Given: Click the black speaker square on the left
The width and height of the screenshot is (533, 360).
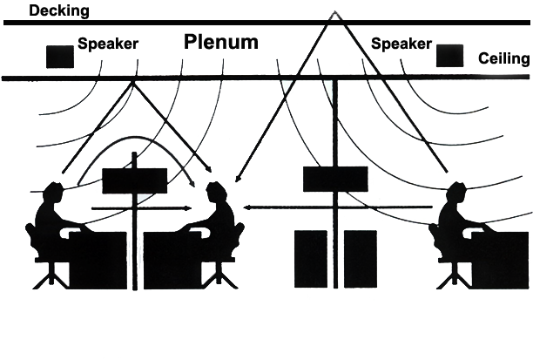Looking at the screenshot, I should tap(60, 56).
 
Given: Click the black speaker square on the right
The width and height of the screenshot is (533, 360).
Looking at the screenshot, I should tap(449, 56).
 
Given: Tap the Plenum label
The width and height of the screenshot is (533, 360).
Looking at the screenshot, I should tap(220, 41).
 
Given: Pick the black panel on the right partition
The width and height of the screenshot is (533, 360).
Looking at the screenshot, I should tap(334, 178).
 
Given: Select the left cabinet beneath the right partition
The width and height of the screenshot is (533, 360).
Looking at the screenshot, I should tap(310, 258).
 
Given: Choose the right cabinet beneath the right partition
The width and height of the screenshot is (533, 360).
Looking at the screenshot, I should tap(360, 258).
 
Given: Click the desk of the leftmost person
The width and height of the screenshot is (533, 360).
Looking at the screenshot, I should tap(98, 259).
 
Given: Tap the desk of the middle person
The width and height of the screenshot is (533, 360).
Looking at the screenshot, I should tap(172, 259).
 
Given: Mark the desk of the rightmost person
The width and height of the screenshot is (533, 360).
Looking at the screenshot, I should tap(501, 259).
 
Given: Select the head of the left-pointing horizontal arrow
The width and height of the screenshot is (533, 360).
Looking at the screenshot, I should tap(247, 207).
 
